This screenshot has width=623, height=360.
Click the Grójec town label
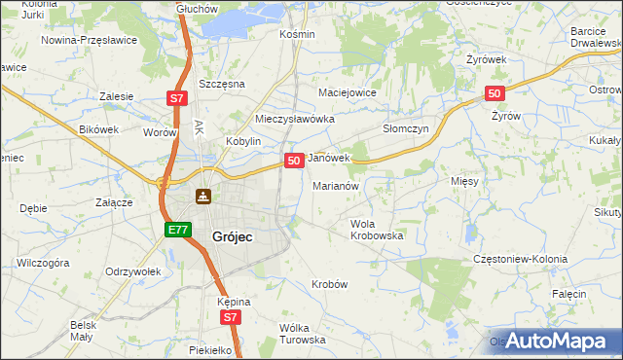[234, 235]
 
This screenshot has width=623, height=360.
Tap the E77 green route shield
[176, 230]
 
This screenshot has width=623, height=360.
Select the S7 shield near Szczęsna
[176, 98]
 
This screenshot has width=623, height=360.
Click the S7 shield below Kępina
[229, 317]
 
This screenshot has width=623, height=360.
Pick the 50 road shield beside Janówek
[293, 160]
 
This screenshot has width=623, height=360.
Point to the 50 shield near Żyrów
[495, 93]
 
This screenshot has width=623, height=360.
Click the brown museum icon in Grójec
[202, 198]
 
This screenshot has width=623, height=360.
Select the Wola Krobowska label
[377, 230]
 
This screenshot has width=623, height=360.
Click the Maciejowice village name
[348, 92]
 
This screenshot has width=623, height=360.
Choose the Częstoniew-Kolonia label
[520, 260]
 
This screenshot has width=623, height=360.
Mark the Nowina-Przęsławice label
[90, 41]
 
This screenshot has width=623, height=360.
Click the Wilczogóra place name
[43, 263]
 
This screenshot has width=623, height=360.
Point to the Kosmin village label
[297, 34]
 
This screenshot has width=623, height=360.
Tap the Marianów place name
[337, 185]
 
